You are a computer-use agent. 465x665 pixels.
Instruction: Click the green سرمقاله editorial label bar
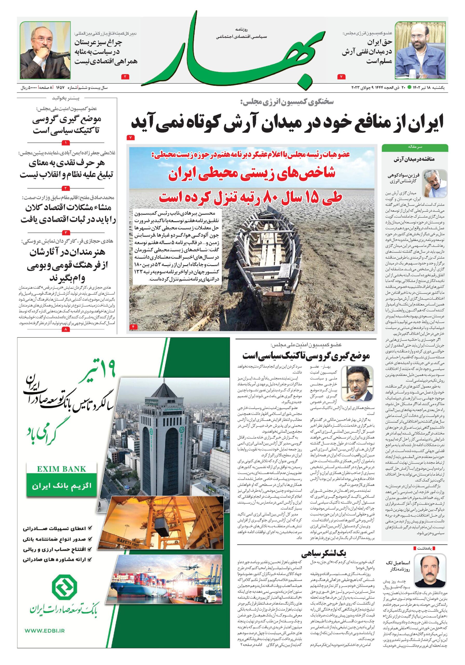tap(415, 147)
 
